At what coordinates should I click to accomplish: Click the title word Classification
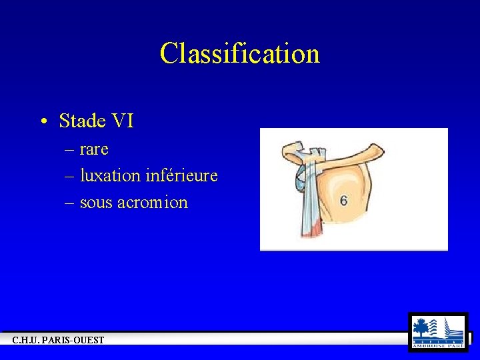coord(239,53)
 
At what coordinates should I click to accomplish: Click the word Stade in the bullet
coord(83,121)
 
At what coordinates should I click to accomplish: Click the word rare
coord(94,149)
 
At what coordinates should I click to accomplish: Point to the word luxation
coord(110,175)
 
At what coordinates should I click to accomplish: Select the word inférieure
coord(181,175)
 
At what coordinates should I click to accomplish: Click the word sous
coord(95,202)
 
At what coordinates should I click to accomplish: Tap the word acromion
coord(153,202)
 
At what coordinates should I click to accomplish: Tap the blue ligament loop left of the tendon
coord(301,179)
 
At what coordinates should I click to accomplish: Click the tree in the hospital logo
coord(421,327)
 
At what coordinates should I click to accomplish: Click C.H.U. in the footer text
coord(27,340)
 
